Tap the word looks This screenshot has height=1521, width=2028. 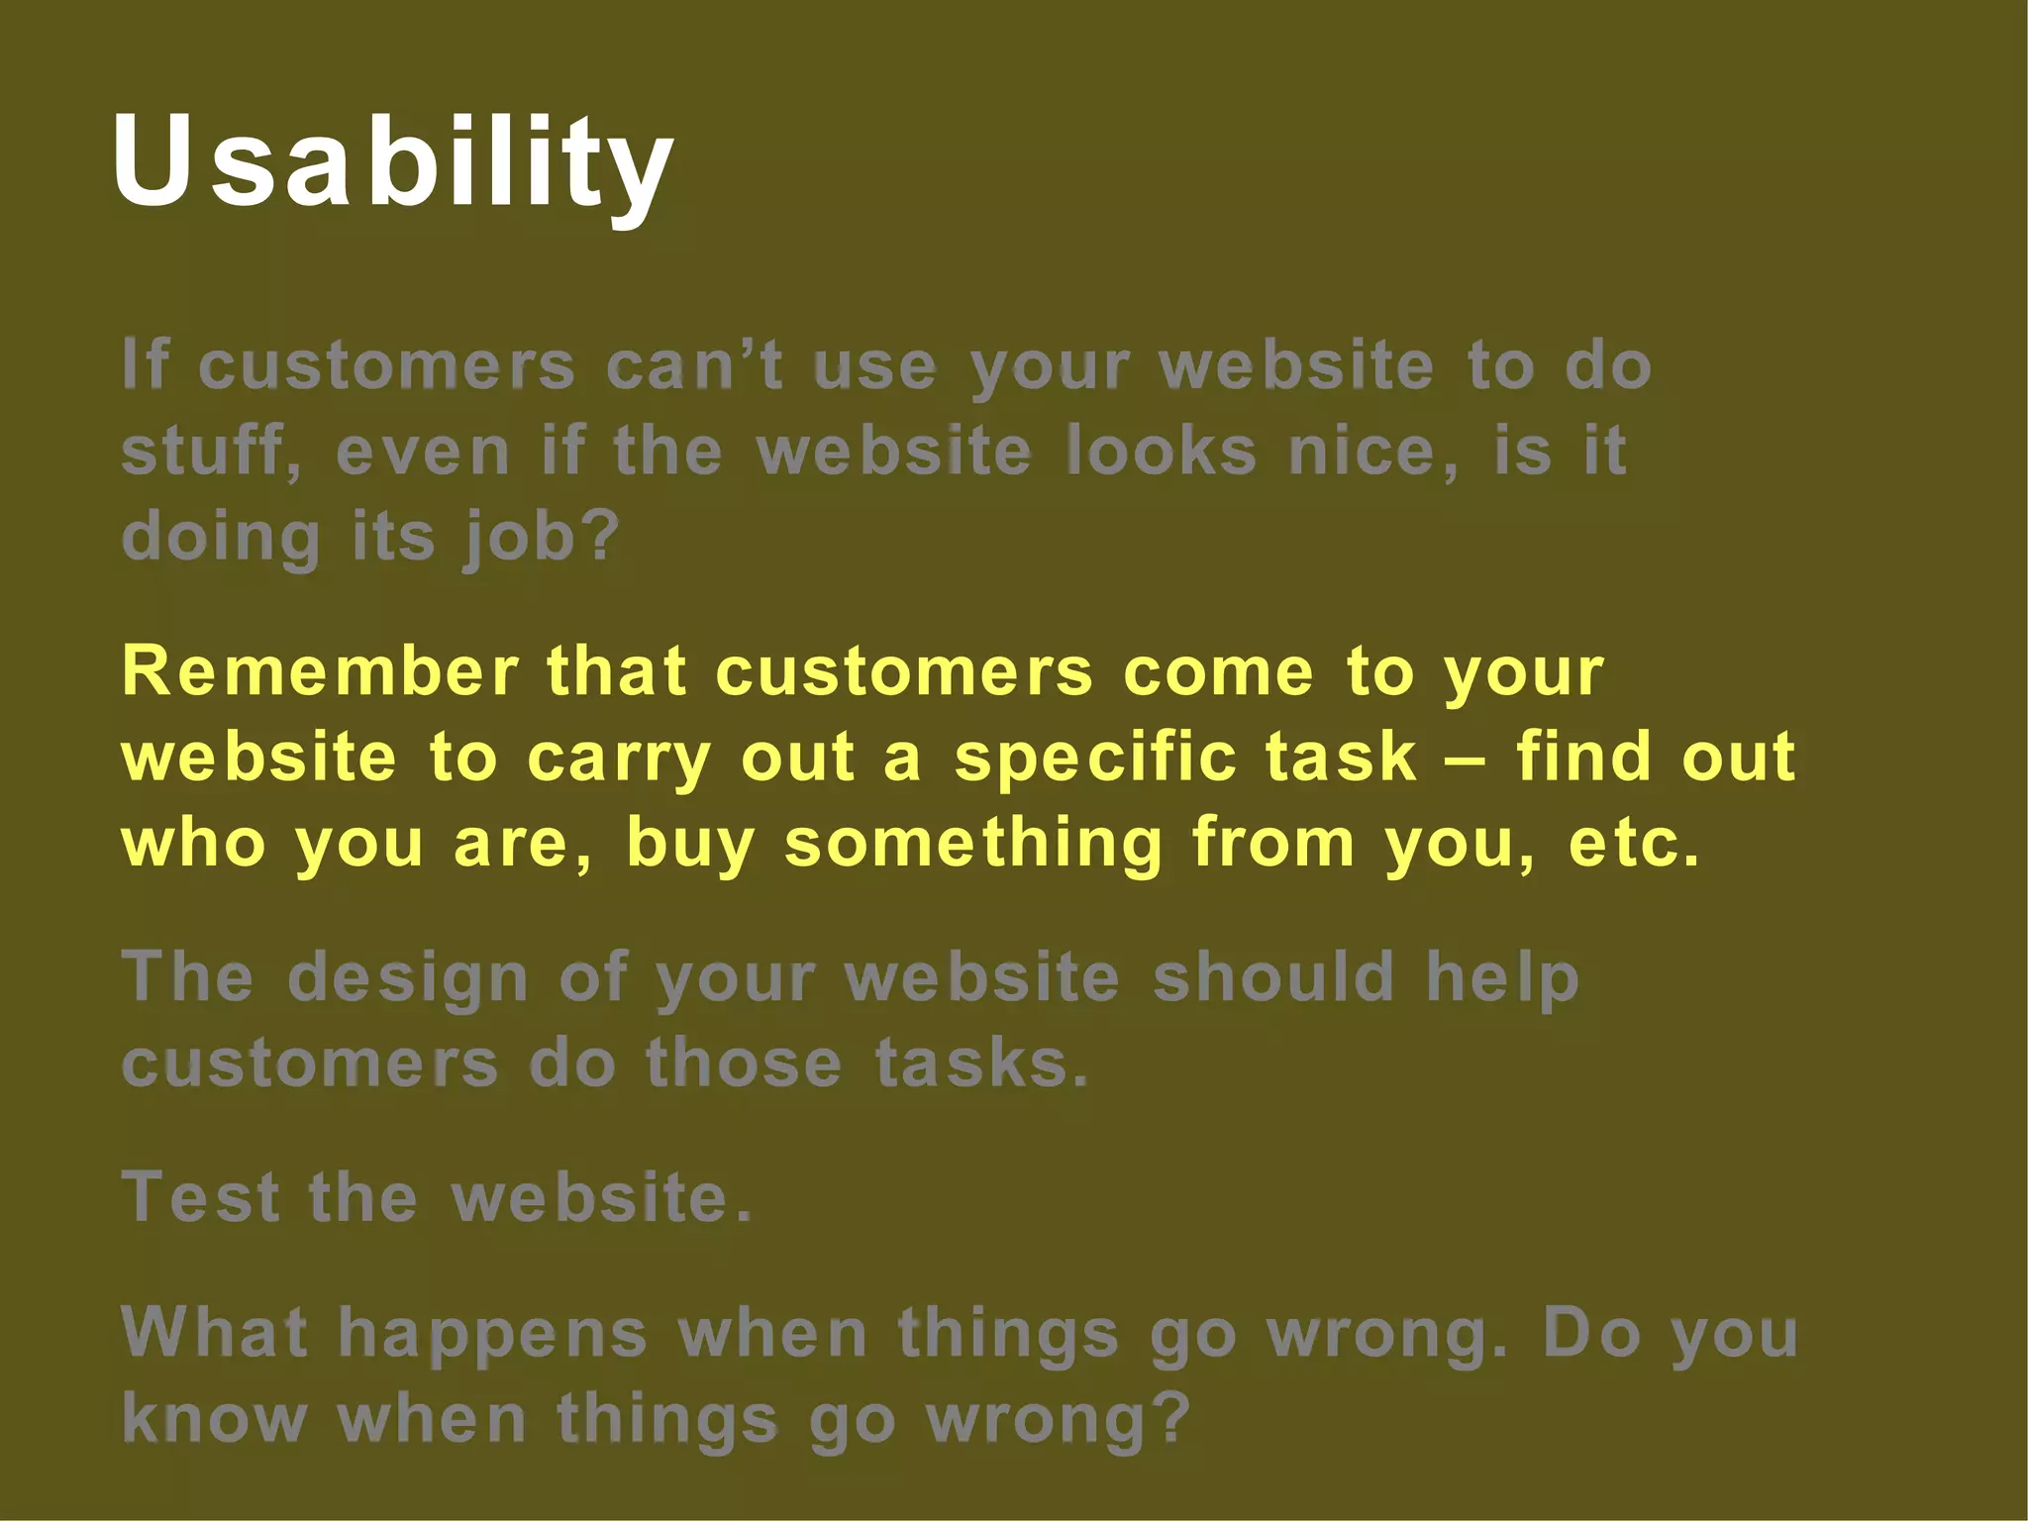tap(1162, 452)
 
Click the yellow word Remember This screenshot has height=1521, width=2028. tap(320, 672)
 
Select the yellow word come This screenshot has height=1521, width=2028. tap(1217, 672)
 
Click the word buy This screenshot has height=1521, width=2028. tap(689, 845)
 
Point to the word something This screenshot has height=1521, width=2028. tap(972, 843)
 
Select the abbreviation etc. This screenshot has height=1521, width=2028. tap(1633, 843)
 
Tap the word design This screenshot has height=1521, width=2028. tap(407, 979)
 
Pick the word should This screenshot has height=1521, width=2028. tap(1273, 977)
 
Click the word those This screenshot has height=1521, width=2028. tap(744, 1064)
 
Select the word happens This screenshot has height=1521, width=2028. tap(492, 1335)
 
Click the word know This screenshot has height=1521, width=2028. tap(214, 1420)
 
